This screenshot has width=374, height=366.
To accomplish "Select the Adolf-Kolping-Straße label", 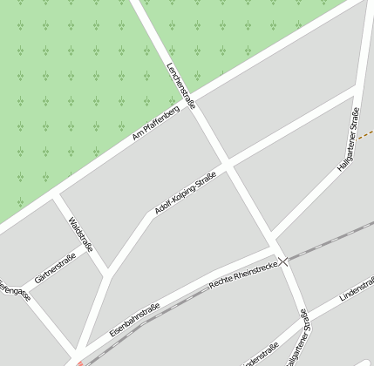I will (x=185, y=193).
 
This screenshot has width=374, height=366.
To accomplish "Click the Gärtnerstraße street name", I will (x=55, y=268).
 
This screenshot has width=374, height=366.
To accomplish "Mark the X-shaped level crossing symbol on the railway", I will (x=283, y=261).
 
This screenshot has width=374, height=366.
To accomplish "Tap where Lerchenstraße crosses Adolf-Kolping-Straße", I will (x=227, y=163).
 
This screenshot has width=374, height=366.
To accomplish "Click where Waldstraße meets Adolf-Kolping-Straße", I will (x=108, y=276).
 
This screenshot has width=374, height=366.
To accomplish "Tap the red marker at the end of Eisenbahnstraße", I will (x=78, y=363).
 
